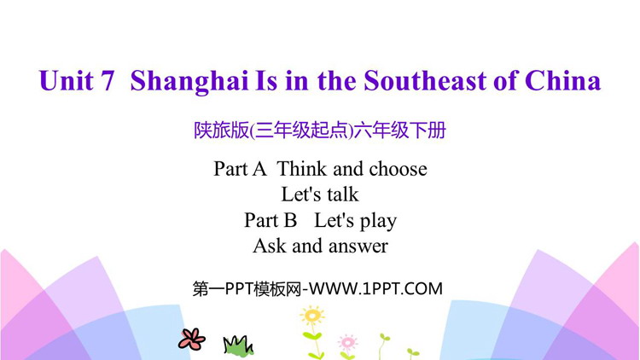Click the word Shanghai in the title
click(x=189, y=82)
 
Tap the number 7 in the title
click(x=106, y=80)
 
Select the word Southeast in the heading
click(x=425, y=80)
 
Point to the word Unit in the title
click(x=66, y=80)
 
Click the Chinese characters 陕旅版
click(x=221, y=131)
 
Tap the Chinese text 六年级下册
click(x=400, y=131)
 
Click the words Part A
click(x=240, y=169)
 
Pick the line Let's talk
click(x=320, y=195)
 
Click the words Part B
click(x=271, y=220)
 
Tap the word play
click(x=378, y=221)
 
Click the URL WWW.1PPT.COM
click(x=375, y=289)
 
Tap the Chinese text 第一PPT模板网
click(x=247, y=289)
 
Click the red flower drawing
click(x=191, y=339)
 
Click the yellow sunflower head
click(x=312, y=316)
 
